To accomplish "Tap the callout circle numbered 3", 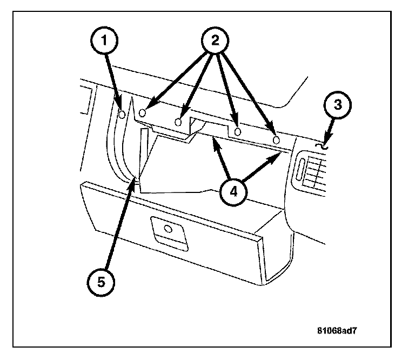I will coord(338,105).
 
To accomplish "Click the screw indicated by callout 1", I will coord(123,115).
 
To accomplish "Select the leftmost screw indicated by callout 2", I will coord(143,112).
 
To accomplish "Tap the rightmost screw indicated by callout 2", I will coord(276,139).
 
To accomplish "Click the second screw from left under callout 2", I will coord(179,122).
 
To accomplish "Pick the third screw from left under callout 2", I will coord(237,132).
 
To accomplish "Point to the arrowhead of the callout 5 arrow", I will coord(135,182).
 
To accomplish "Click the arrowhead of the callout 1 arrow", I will coord(121,107).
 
